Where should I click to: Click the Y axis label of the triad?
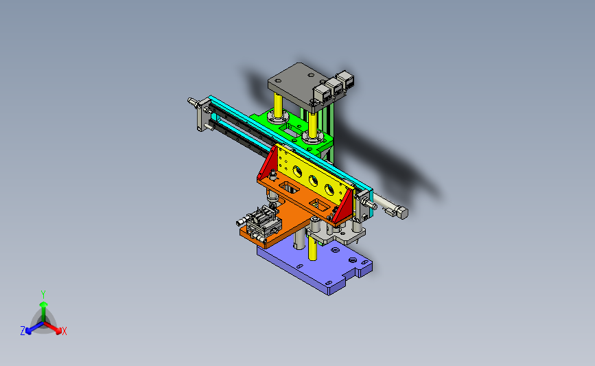coord(43,295)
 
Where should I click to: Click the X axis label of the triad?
coord(64,331)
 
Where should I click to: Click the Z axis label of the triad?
coord(23,331)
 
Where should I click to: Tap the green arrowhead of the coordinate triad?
coord(44,304)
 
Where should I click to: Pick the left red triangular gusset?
coord(268,163)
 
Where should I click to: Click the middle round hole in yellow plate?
coord(313,181)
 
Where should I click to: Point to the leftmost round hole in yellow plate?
coord(297,172)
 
